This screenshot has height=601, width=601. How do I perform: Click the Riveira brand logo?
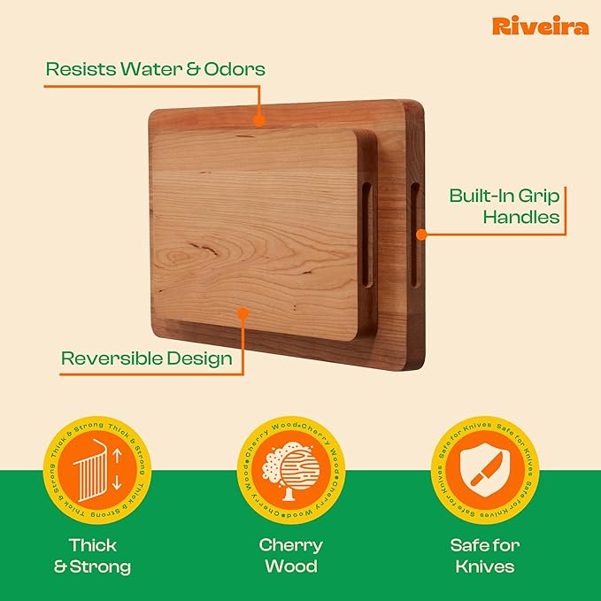pos(539,26)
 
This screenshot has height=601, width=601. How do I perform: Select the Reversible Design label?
pos(146,358)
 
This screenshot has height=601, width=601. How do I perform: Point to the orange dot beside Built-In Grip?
pos(421,235)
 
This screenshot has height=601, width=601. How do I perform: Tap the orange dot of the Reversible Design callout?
pos(242,312)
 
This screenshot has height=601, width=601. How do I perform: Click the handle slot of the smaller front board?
pos(366,235)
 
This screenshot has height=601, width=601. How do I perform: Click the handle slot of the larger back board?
pos(413,234)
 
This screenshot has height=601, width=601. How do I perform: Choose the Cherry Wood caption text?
pos(290,556)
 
